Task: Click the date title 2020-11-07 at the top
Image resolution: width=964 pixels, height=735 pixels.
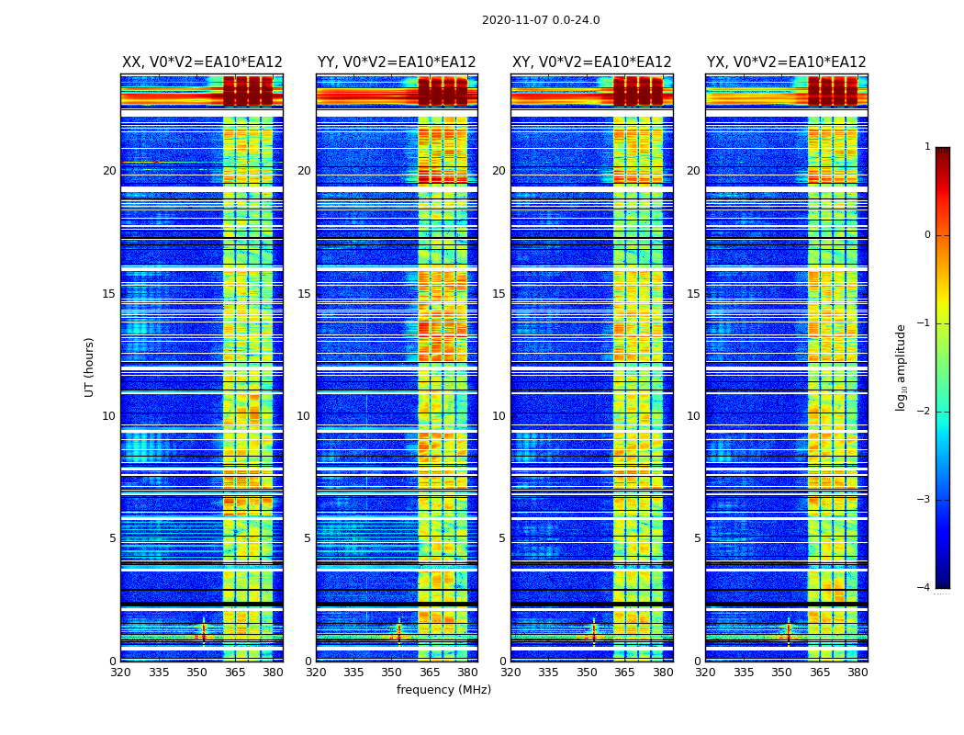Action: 541,20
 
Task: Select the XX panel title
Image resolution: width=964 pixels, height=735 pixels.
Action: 202,62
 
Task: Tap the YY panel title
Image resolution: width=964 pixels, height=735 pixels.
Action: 397,62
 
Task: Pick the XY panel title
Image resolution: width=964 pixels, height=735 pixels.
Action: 591,62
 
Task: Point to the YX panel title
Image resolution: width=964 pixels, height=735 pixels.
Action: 786,62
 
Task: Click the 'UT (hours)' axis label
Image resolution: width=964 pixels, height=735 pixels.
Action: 90,367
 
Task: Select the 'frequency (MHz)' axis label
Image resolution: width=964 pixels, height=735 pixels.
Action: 443,690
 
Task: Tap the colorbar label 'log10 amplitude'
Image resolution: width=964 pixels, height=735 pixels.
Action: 902,367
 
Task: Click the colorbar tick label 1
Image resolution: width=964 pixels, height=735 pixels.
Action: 927,147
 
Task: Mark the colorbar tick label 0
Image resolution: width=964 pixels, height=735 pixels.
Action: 927,235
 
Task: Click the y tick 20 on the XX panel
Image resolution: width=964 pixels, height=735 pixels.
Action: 109,171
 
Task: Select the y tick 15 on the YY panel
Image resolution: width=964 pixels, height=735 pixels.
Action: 304,294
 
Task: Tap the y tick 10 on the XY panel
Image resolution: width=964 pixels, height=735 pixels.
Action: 499,416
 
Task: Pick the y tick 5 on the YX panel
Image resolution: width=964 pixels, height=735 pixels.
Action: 697,538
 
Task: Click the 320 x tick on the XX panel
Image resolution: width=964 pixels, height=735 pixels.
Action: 120,673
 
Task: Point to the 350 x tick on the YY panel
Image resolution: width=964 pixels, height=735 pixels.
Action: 392,673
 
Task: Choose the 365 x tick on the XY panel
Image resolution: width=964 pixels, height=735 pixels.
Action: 625,673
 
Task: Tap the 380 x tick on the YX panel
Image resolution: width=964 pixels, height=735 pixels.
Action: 858,673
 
